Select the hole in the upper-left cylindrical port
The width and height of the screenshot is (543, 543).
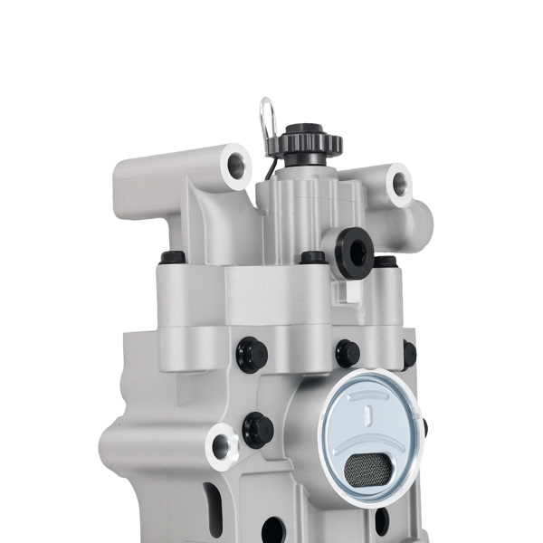236,166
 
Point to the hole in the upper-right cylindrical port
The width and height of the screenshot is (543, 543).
398,184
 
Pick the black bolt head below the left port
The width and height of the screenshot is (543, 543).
173,258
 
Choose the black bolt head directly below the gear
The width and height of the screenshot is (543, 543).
313,257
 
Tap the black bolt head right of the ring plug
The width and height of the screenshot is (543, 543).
386,262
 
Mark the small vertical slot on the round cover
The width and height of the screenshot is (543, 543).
368,417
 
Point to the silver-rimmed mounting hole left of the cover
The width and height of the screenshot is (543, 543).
220,444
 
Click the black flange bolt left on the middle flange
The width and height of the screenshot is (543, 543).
252,354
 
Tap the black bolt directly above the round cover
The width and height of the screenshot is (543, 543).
348,353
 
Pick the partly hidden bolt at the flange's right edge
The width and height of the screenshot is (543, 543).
410,354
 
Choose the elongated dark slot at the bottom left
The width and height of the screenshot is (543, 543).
214,503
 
